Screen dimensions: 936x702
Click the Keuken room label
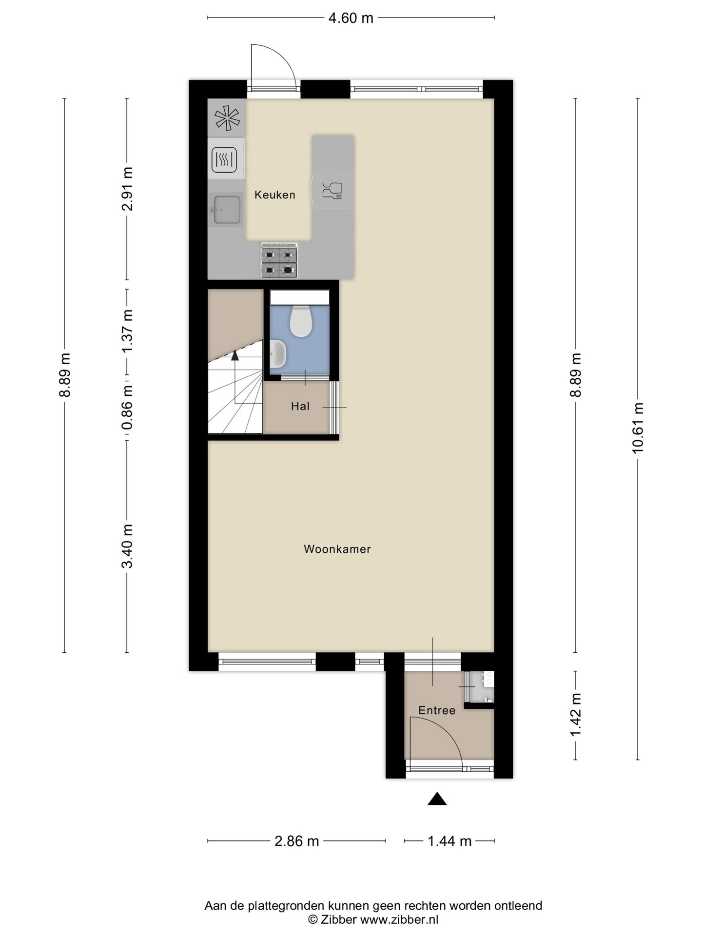tap(274, 195)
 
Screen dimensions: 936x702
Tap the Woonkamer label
tap(337, 549)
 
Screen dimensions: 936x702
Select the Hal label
tap(300, 406)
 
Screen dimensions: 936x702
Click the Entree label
tap(437, 710)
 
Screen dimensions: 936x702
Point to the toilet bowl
tap(301, 322)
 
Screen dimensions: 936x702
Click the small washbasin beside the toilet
tap(278, 353)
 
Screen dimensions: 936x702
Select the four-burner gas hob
tap(279, 261)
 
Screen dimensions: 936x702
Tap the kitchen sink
tap(227, 210)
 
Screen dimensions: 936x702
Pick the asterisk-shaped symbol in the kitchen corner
tap(227, 118)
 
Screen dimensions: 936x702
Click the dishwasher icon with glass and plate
tap(332, 190)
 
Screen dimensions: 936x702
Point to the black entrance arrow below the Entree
tap(437, 799)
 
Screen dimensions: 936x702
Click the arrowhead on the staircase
tap(235, 355)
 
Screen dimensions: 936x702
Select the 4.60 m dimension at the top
tap(351, 18)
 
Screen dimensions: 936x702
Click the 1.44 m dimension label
tap(449, 841)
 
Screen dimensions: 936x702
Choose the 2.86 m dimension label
tap(296, 841)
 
